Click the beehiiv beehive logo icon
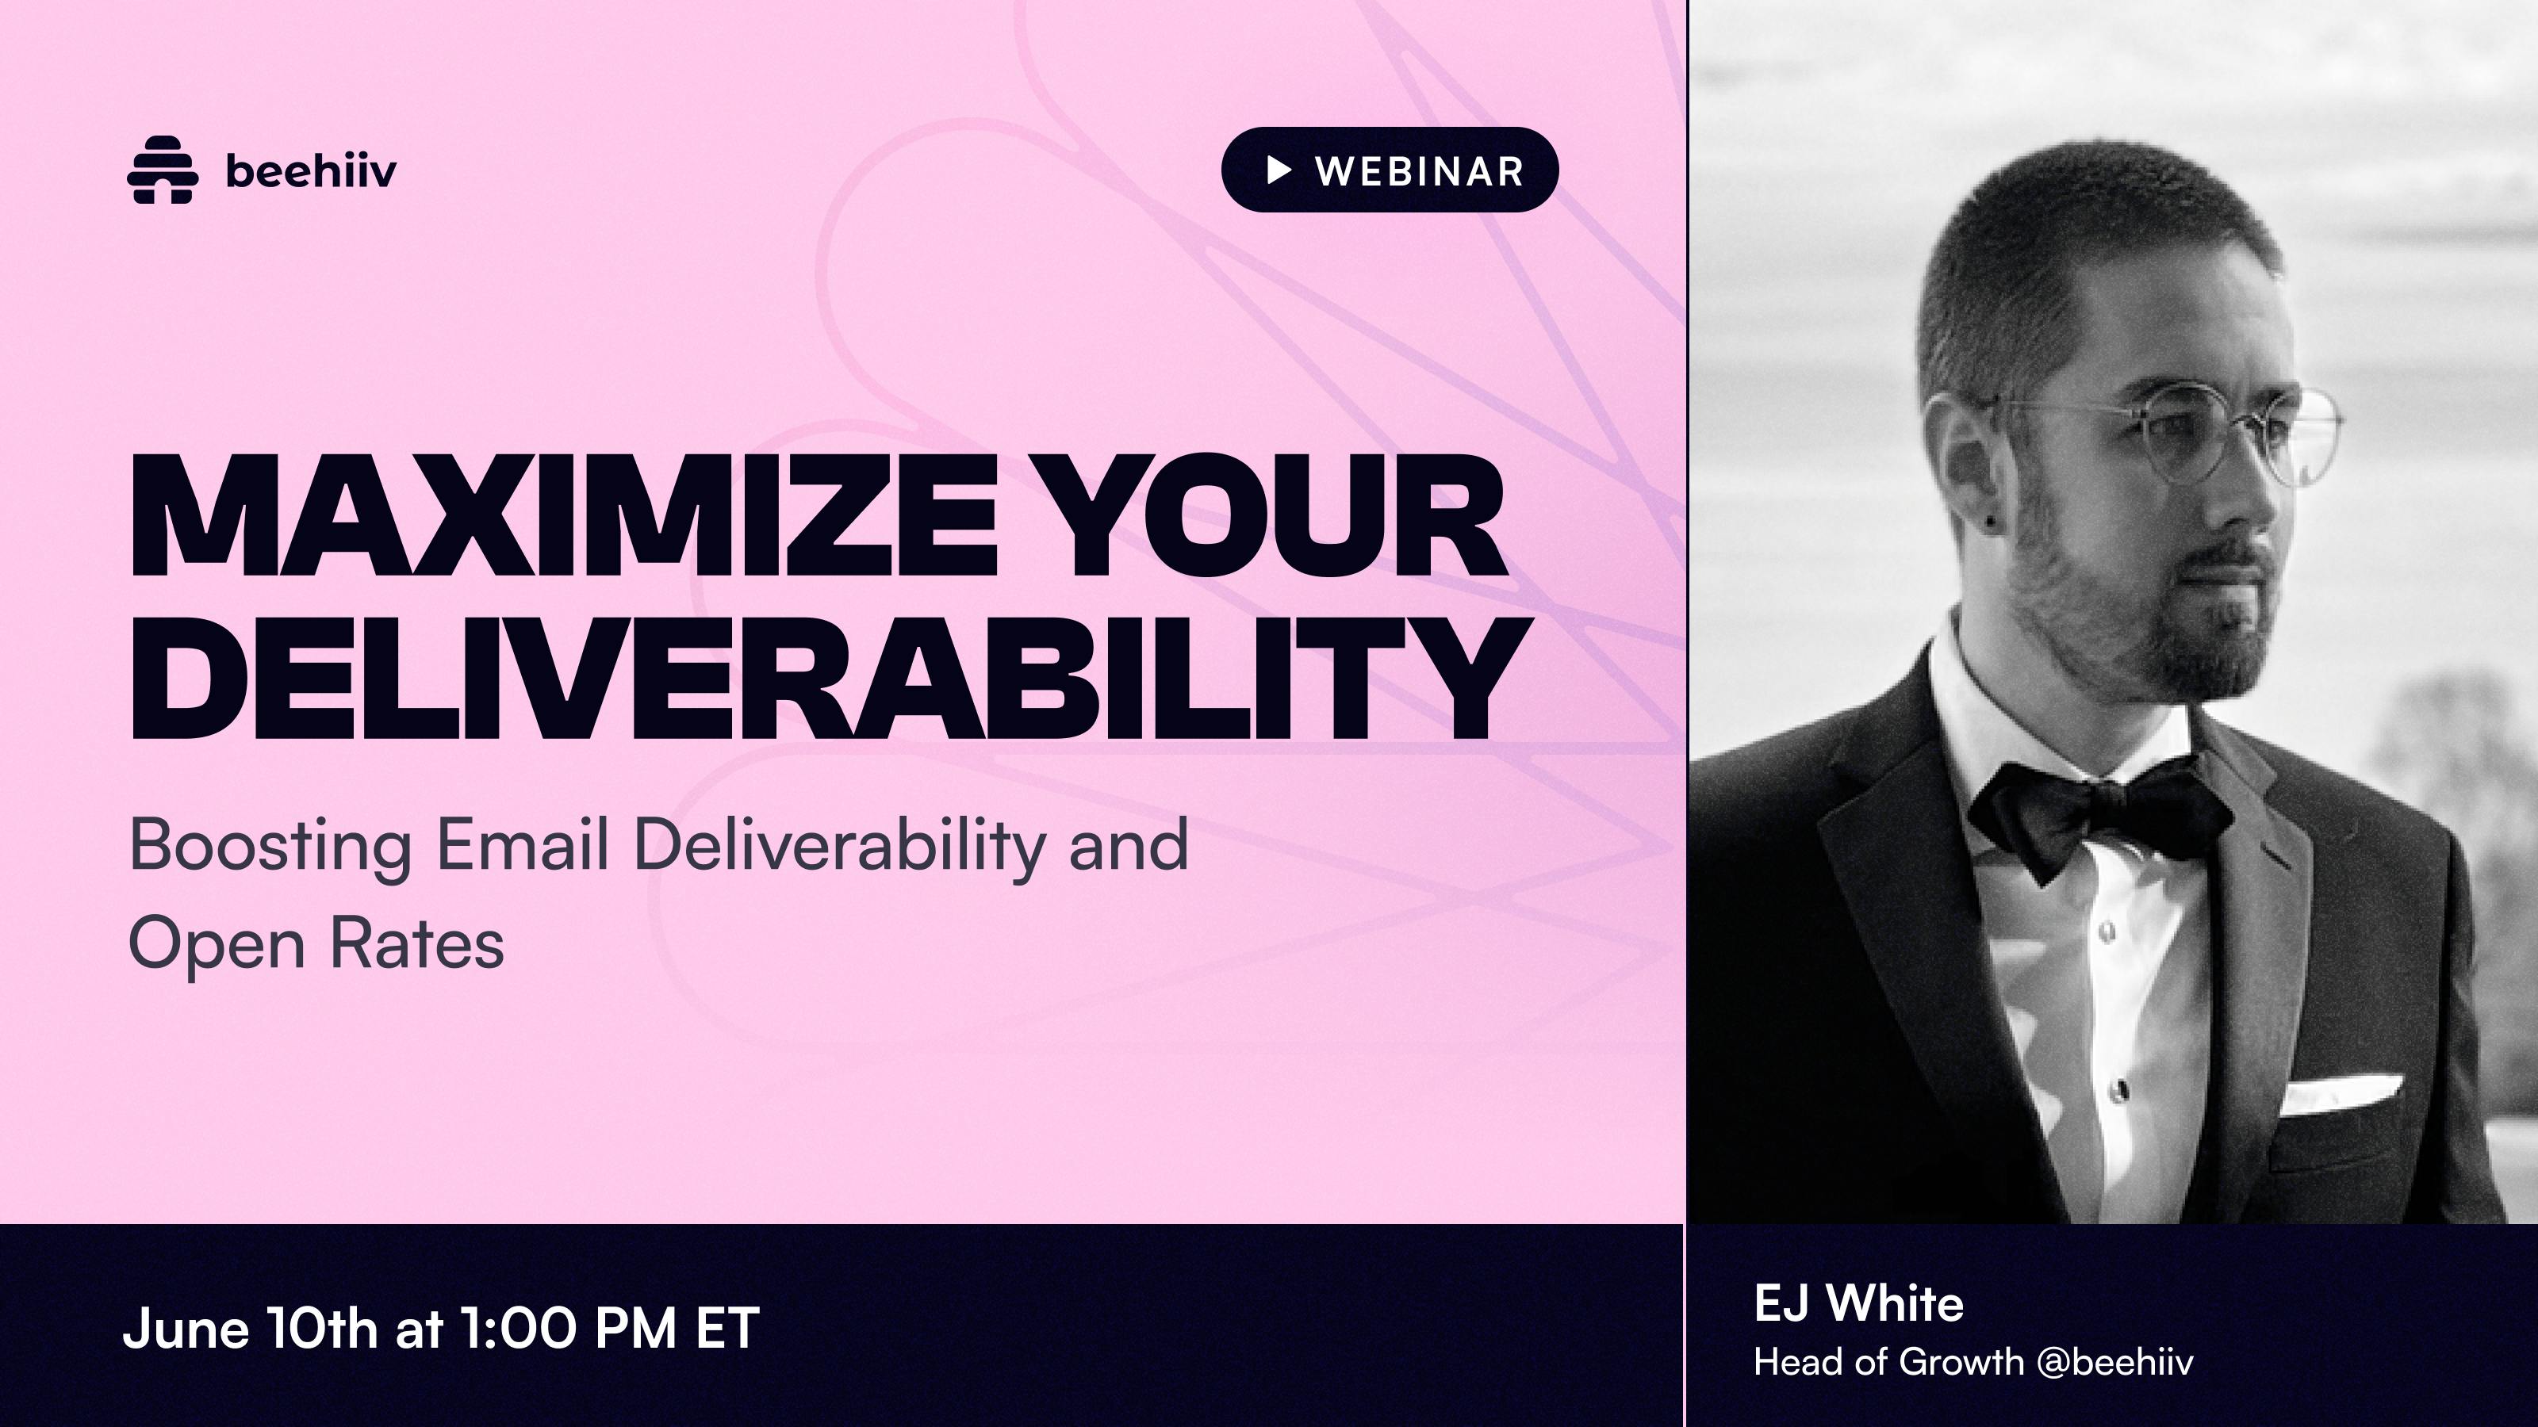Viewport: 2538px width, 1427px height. [163, 170]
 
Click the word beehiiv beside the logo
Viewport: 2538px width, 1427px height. [310, 170]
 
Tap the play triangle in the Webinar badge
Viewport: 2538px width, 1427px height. [1279, 170]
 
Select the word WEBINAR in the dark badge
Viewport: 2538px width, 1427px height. [1420, 171]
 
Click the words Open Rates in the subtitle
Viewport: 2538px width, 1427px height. [316, 943]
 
